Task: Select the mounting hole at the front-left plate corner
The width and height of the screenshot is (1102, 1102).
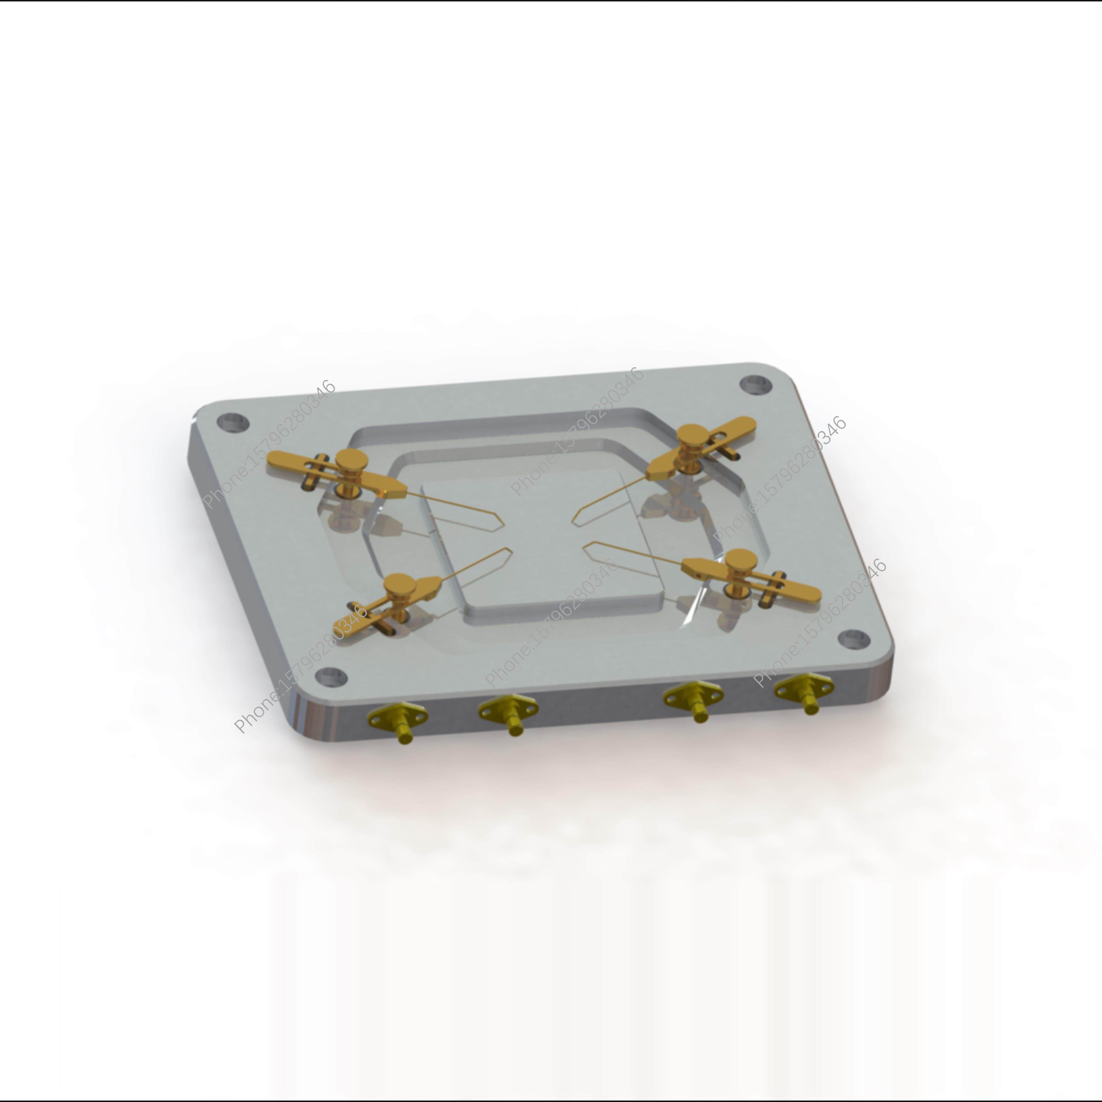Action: (x=331, y=676)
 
